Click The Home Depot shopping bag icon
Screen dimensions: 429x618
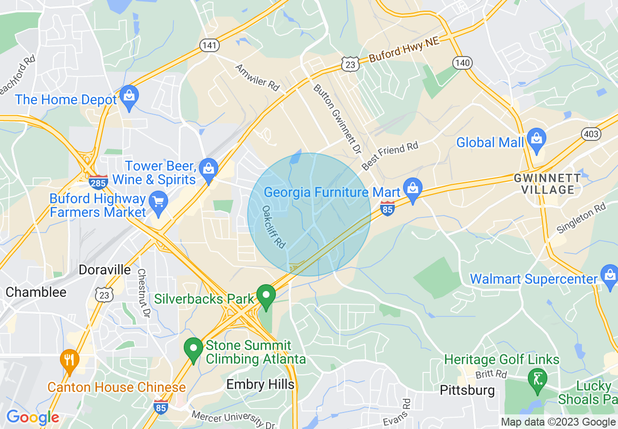(129, 97)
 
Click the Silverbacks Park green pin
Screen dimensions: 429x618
(266, 295)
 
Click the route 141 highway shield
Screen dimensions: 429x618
(209, 45)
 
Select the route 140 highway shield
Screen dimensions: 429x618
(462, 62)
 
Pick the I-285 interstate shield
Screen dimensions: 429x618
(98, 182)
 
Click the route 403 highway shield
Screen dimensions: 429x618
(591, 135)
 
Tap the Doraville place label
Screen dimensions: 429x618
(105, 270)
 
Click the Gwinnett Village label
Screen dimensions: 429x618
(547, 184)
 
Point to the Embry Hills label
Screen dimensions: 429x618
(260, 385)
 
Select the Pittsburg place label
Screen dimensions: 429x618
(467, 390)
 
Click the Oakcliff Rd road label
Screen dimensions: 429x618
(273, 227)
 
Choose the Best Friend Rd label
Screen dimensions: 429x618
(390, 156)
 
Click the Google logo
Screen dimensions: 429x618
(33, 417)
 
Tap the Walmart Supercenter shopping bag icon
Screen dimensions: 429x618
(609, 275)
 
